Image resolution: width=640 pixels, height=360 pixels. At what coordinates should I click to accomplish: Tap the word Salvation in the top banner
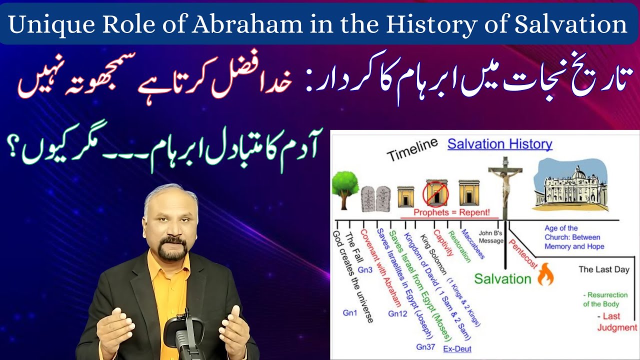click(575, 25)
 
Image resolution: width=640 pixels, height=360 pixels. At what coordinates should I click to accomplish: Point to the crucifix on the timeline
click(505, 187)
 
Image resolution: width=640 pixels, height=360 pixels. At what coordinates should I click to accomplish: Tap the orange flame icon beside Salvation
click(545, 277)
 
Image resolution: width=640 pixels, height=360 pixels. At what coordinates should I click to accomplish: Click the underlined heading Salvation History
click(499, 144)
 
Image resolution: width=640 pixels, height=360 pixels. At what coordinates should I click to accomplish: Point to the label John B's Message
click(490, 236)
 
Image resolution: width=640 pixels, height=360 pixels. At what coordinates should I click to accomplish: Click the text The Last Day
click(603, 269)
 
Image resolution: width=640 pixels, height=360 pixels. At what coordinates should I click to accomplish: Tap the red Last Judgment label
click(616, 322)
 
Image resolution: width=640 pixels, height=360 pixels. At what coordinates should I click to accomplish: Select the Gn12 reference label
click(397, 313)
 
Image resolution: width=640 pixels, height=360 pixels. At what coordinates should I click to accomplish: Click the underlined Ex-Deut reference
click(457, 348)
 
